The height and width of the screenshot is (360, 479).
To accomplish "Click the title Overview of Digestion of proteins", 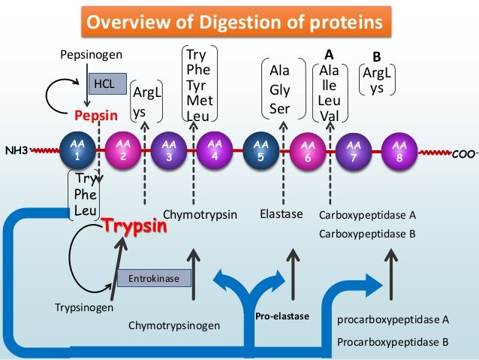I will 239,22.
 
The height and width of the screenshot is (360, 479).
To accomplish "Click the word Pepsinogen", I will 91,55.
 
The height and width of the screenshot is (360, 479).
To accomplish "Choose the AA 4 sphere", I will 214,150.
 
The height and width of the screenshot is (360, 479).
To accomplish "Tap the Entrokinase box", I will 153,279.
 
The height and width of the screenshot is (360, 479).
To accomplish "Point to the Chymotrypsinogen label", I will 174,325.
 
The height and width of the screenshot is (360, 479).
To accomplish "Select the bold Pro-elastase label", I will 282,316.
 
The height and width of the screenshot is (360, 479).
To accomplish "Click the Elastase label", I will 280,215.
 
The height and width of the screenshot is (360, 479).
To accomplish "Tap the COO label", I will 463,153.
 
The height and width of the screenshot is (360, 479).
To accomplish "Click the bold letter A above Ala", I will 327,56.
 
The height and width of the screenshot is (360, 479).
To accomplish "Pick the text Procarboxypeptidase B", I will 393,340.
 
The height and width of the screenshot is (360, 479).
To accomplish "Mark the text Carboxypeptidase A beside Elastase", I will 367,215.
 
